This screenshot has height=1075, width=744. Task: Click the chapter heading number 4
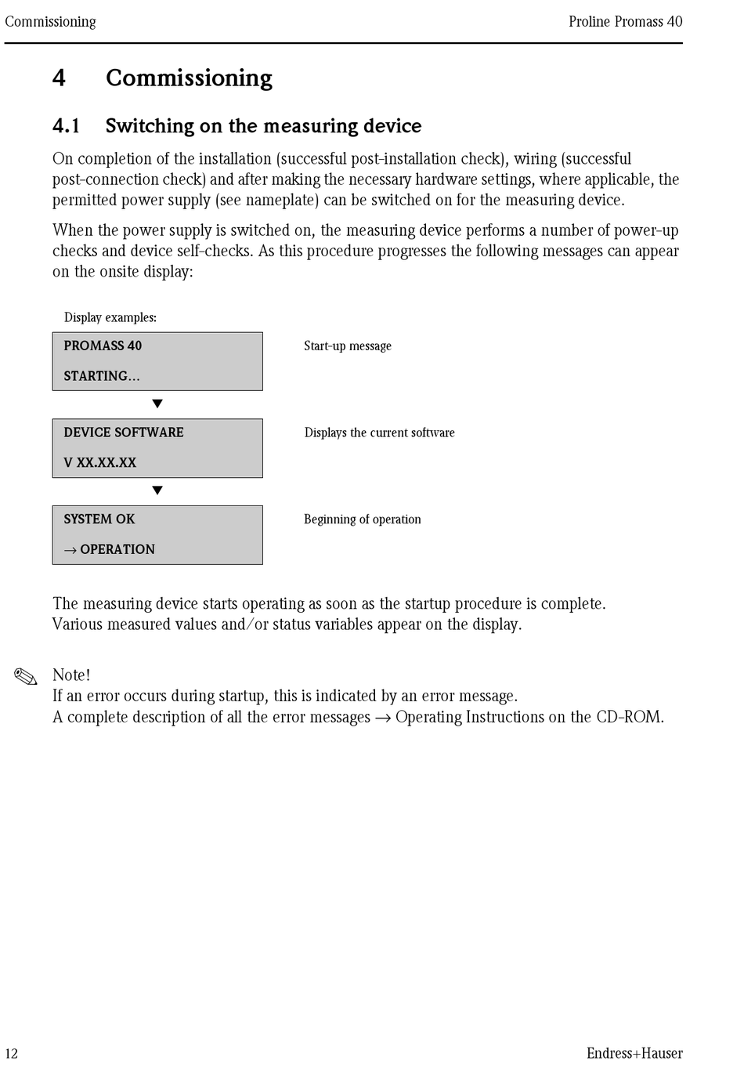pos(59,78)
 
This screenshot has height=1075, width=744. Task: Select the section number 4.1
pos(66,126)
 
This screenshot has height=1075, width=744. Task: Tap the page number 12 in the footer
pos(11,1053)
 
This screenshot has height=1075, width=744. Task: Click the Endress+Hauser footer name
pos(634,1053)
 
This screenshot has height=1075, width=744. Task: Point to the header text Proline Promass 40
pos(625,22)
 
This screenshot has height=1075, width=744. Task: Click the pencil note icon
pos(26,677)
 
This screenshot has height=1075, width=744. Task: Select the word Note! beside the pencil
pos(71,675)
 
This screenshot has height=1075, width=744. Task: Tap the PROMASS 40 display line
pos(103,346)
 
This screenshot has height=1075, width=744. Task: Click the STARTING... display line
pos(102,376)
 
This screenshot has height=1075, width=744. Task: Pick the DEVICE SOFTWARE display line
pos(124,433)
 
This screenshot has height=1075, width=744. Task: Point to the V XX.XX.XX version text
pos(100,463)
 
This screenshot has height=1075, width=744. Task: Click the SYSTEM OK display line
pos(99,519)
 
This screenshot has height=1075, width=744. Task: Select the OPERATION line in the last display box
pos(110,550)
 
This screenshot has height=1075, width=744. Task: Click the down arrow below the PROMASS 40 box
pos(157,404)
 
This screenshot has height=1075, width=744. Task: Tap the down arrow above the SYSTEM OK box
pos(157,491)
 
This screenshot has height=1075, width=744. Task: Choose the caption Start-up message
pos(348,346)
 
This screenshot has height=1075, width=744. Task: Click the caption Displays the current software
pos(379,433)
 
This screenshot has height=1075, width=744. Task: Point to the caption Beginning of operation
pos(363,519)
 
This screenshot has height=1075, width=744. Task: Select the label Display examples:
pos(110,317)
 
